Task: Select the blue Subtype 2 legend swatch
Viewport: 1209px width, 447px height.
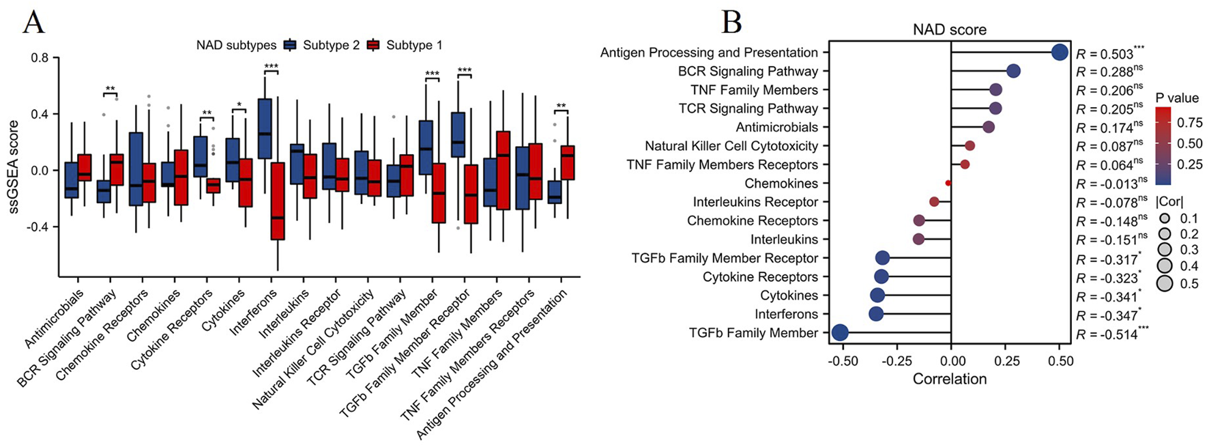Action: [x=289, y=45]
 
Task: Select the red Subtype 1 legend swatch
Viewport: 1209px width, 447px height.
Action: [x=373, y=45]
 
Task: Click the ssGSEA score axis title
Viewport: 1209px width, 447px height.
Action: [x=13, y=168]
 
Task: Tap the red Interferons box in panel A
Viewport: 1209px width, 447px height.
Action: [x=278, y=201]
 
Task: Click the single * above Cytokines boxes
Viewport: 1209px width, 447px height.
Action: [x=239, y=106]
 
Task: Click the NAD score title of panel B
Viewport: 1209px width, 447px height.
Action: [x=950, y=30]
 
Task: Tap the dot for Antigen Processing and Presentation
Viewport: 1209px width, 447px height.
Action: [x=1060, y=53]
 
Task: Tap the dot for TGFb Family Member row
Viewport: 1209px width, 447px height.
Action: [x=840, y=332]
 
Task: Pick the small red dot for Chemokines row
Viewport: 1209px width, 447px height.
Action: [x=948, y=183]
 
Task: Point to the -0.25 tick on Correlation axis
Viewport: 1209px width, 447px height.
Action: [x=897, y=360]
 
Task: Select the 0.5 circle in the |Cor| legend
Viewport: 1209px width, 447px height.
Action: [x=1164, y=283]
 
